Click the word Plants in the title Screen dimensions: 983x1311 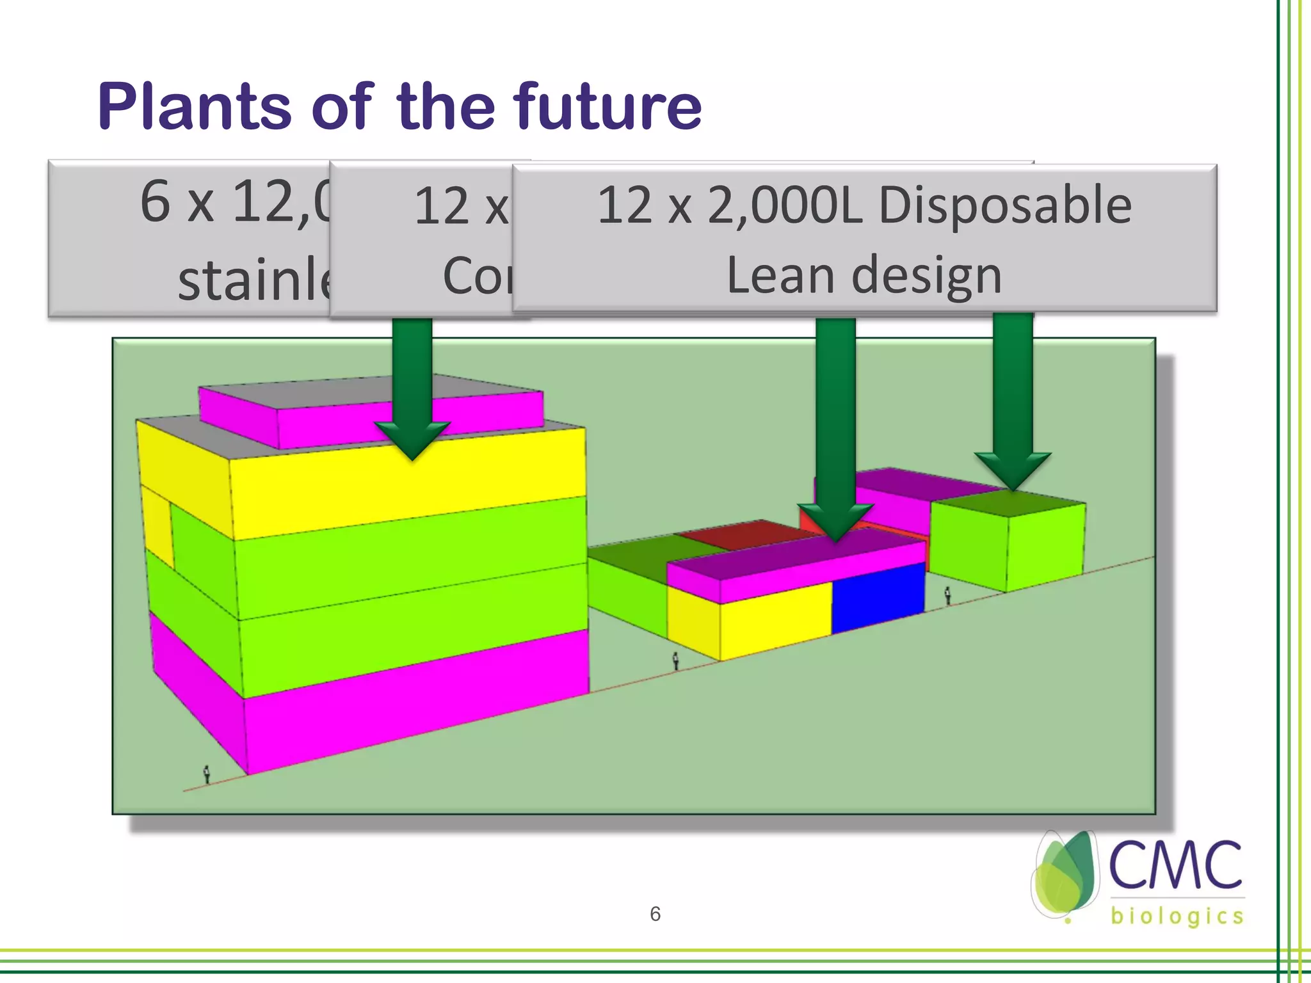pos(195,107)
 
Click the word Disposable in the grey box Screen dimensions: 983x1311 pos(1005,206)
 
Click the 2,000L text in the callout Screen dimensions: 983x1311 pos(785,206)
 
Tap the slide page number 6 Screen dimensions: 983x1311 pos(655,914)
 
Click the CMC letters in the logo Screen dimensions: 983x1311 pos(1175,865)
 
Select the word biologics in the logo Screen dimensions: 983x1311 pos(1177,916)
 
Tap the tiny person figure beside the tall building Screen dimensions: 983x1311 pos(207,774)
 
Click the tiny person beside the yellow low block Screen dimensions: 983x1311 pos(675,661)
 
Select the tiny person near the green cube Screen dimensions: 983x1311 pos(948,596)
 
